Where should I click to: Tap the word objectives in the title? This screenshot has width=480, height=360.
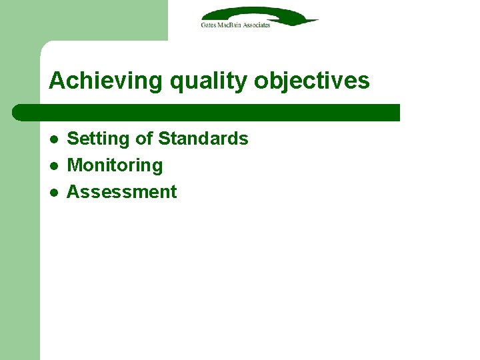click(311, 81)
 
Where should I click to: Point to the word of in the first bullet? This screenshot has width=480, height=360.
click(143, 139)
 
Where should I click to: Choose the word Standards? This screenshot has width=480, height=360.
click(203, 139)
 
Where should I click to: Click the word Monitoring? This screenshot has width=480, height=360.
click(115, 165)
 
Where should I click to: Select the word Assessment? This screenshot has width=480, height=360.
click(122, 192)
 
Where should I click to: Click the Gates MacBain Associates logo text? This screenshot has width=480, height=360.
click(235, 25)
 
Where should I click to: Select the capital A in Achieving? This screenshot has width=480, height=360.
click(56, 81)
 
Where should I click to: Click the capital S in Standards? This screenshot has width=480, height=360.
click(163, 139)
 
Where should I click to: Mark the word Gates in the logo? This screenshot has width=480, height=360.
click(208, 25)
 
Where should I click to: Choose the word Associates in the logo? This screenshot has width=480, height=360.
click(255, 25)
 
